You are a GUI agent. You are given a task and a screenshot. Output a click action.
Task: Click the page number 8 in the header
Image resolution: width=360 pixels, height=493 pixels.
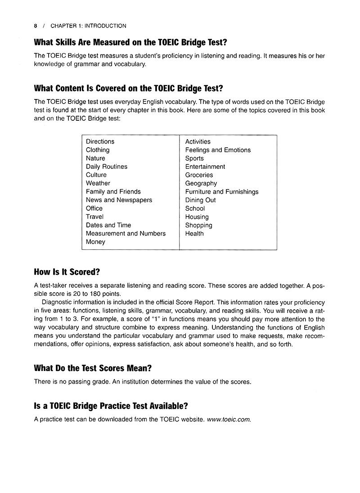click(x=36, y=26)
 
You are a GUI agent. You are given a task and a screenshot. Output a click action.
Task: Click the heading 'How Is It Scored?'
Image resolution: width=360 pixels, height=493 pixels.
click(x=67, y=272)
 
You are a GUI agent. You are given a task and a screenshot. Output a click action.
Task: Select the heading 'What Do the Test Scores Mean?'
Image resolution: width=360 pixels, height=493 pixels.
click(x=93, y=368)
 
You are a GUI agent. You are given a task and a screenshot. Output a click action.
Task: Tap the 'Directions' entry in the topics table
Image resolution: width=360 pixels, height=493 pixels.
click(x=100, y=141)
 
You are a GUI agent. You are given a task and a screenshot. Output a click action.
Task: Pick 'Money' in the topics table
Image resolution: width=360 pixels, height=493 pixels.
click(x=95, y=242)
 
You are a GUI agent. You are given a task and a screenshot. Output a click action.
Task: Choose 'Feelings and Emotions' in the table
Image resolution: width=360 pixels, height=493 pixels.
click(x=218, y=150)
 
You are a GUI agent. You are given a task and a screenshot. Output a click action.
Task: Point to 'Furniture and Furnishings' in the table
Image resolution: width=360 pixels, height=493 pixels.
click(x=222, y=192)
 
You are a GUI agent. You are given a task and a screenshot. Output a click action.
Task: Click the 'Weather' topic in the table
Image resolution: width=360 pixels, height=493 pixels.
click(x=98, y=183)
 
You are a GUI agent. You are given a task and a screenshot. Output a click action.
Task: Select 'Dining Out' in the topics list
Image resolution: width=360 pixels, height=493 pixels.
click(x=200, y=200)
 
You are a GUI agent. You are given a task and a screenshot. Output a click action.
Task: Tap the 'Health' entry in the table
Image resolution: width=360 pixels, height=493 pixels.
click(x=194, y=233)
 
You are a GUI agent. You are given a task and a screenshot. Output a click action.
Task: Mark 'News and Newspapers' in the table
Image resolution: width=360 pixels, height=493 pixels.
click(x=119, y=200)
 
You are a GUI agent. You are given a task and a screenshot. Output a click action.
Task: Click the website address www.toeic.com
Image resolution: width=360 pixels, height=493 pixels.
click(x=229, y=419)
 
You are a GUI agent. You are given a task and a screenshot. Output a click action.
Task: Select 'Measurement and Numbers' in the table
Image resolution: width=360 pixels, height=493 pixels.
click(x=126, y=233)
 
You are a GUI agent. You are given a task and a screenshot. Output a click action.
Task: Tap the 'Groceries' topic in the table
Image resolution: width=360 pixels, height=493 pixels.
click(x=199, y=175)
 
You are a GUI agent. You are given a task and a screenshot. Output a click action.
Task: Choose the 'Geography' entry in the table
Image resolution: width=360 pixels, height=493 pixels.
click(x=201, y=183)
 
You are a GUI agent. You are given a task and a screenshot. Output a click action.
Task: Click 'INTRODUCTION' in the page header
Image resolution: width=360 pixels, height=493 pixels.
click(x=104, y=26)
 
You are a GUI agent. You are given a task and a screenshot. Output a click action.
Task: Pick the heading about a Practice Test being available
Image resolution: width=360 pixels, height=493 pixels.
click(x=111, y=406)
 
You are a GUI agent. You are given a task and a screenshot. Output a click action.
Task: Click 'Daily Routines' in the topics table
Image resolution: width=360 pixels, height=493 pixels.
click(x=106, y=167)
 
